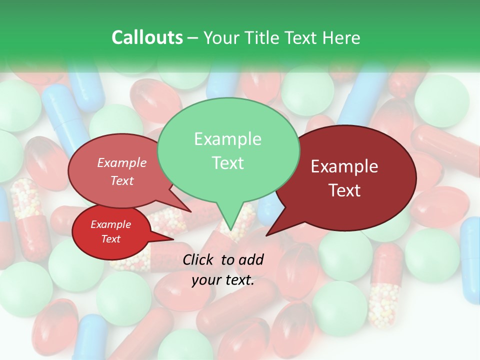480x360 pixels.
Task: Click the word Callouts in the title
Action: point(147,38)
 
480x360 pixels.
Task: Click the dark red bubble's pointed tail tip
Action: point(266,235)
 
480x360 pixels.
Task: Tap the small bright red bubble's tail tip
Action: point(173,239)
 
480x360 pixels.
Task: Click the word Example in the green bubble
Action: point(227,139)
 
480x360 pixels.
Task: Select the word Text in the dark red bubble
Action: point(345,190)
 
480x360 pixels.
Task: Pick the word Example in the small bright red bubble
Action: point(110,225)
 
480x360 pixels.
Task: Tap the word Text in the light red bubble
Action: point(122,181)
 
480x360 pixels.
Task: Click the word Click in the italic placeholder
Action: point(199,259)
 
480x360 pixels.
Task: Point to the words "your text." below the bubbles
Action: point(223,280)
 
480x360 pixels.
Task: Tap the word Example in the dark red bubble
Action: point(344,166)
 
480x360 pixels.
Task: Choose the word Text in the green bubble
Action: point(227,163)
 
